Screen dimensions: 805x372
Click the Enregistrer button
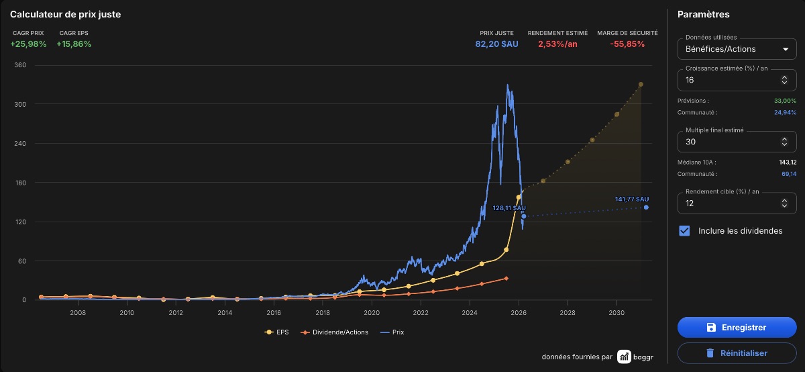coord(737,328)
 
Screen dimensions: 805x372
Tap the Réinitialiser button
coord(737,353)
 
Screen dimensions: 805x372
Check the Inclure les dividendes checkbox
coord(684,230)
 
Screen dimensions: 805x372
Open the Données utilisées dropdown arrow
coord(786,49)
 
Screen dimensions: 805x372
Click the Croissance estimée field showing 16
coord(737,80)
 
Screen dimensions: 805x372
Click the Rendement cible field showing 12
coord(737,203)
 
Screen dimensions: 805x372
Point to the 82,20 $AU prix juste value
coord(496,44)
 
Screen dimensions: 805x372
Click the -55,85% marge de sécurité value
coord(627,44)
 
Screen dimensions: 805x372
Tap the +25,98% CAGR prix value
coord(28,44)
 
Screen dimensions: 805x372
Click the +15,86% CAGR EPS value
coord(74,44)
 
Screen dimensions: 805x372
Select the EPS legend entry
coord(276,332)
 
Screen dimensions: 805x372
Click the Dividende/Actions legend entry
coord(335,332)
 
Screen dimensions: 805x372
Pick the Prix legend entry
coord(392,332)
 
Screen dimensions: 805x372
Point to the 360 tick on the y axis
coord(20,65)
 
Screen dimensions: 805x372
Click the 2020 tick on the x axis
coord(372,313)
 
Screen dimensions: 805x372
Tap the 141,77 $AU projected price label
coord(632,199)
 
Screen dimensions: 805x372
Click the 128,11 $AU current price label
coord(509,208)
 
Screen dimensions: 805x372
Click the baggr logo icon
coord(625,357)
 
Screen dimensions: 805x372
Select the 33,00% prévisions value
coord(786,101)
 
